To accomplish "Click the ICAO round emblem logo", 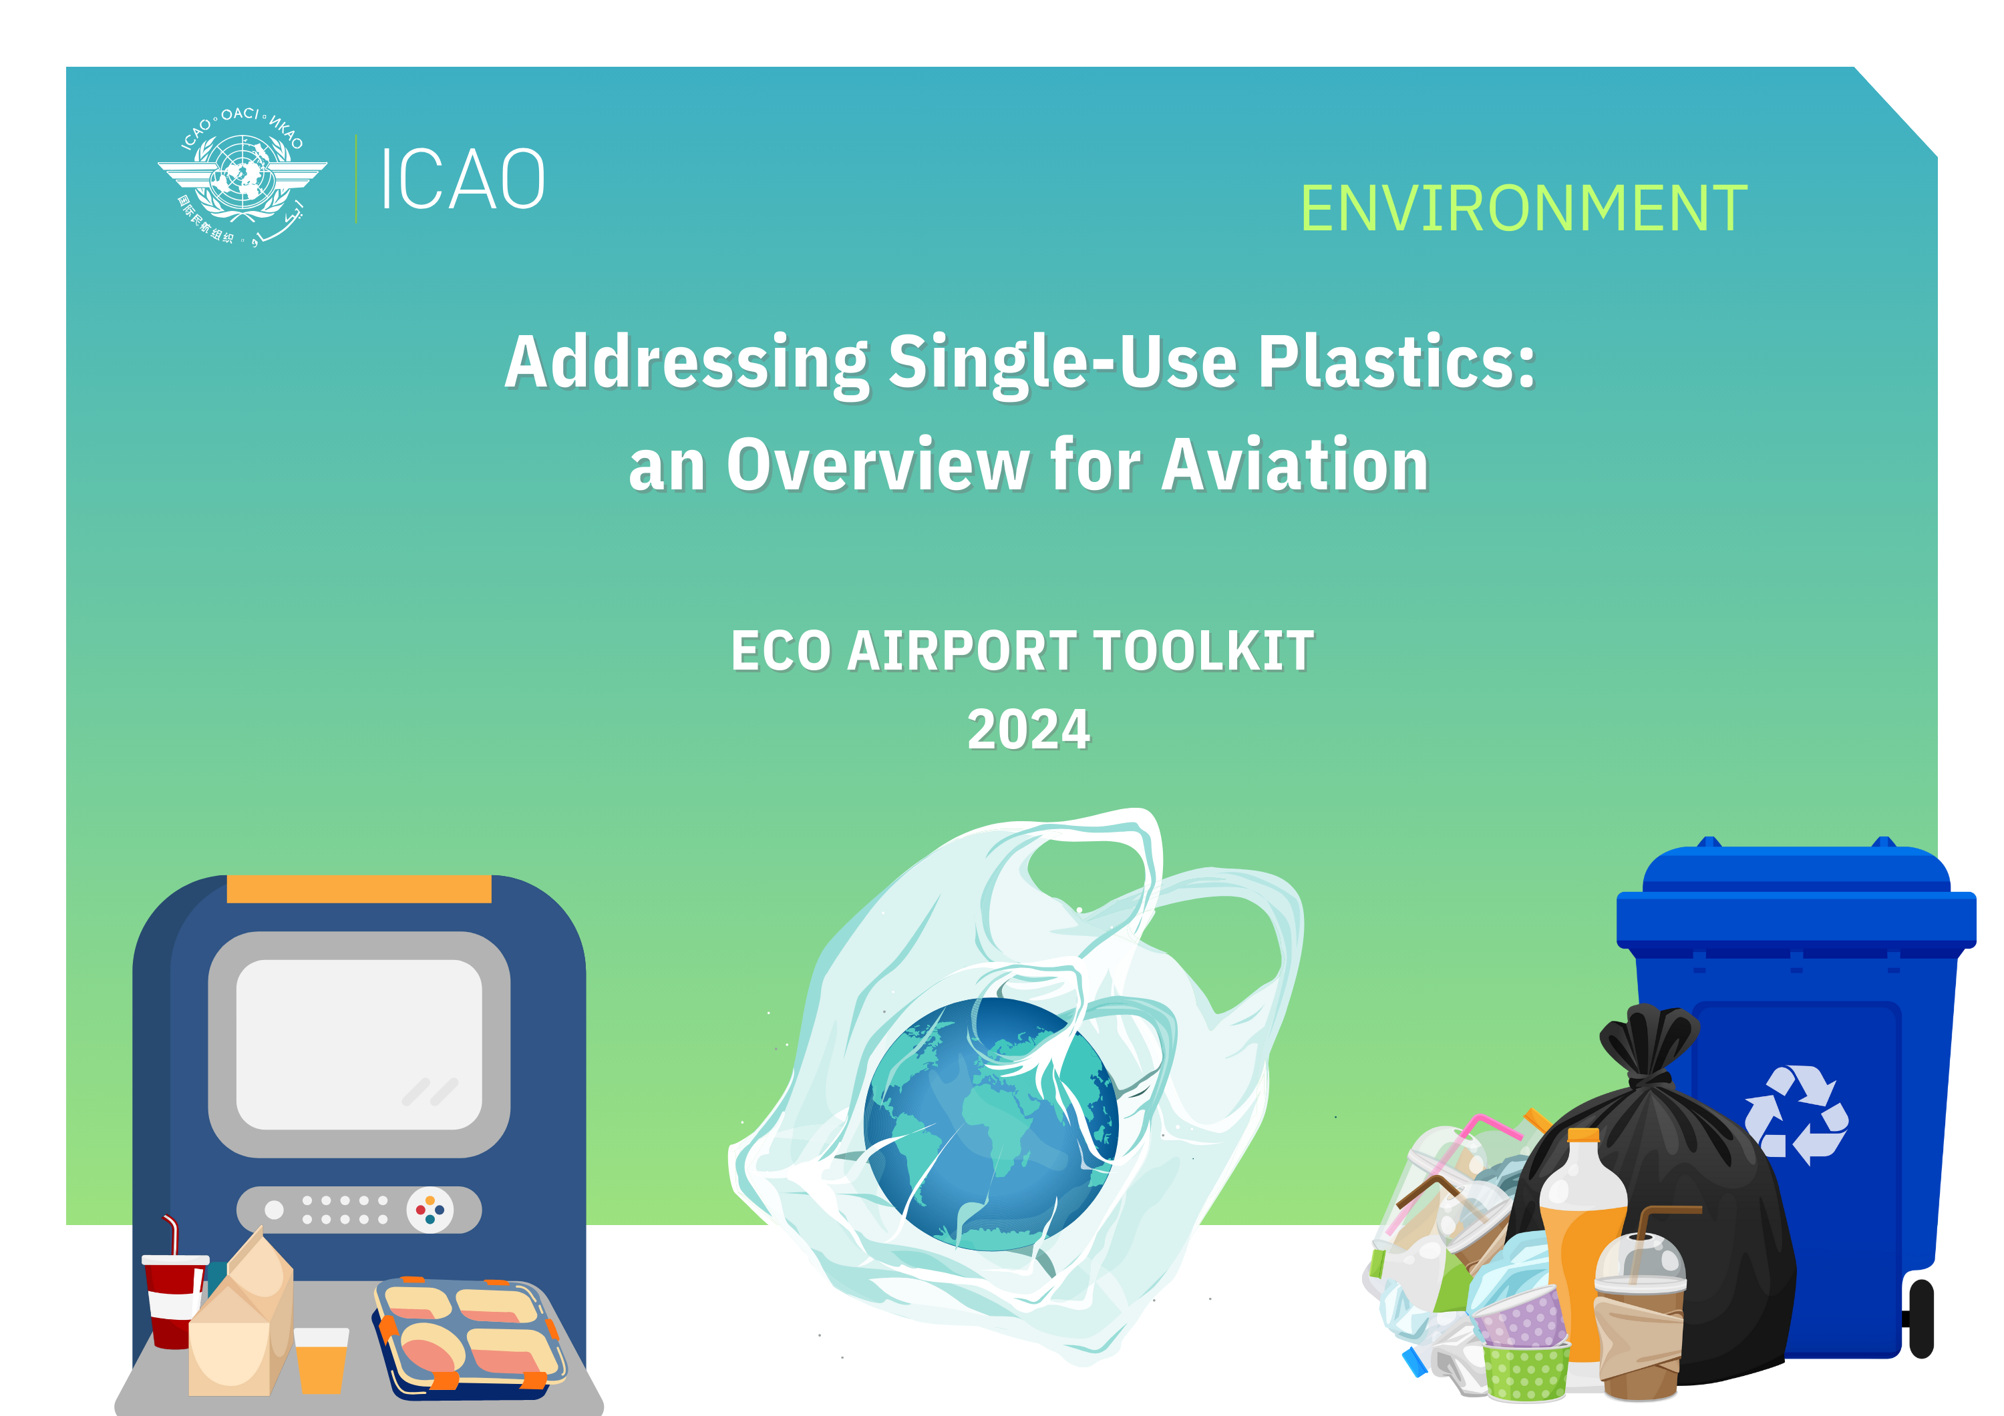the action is click(x=242, y=178).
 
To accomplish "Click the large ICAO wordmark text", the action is click(x=464, y=179).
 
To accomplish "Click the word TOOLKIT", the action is click(x=1204, y=651).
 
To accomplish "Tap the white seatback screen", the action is click(x=359, y=1044).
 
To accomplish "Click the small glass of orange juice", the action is click(x=321, y=1359).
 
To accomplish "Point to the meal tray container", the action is click(x=469, y=1336).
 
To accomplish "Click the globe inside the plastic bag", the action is click(x=991, y=1126).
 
